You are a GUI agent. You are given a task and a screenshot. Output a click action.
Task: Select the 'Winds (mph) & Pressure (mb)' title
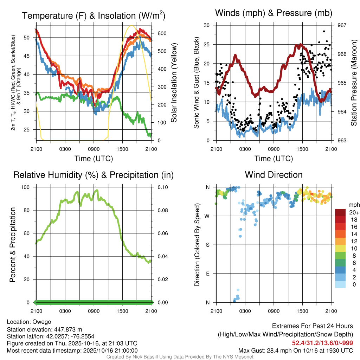[274, 13]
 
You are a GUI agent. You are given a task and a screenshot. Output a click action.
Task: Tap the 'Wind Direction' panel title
[274, 175]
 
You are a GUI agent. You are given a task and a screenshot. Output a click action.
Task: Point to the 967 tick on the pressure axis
[342, 25]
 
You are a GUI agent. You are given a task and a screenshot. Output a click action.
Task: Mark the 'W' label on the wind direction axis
[207, 216]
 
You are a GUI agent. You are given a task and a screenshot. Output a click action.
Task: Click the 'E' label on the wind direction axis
[208, 274]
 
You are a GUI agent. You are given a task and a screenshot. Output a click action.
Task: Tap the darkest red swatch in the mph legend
[341, 212]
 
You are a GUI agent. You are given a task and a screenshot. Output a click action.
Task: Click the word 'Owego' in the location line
[42, 322]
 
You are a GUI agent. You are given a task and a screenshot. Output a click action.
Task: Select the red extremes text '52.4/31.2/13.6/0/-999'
[322, 343]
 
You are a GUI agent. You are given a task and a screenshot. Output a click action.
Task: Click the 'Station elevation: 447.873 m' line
[44, 329]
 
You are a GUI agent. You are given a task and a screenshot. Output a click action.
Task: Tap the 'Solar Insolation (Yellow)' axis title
[174, 83]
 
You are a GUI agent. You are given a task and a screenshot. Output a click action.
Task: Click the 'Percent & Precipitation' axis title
[13, 245]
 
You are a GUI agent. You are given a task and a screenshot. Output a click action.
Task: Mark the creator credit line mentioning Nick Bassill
[180, 357]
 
